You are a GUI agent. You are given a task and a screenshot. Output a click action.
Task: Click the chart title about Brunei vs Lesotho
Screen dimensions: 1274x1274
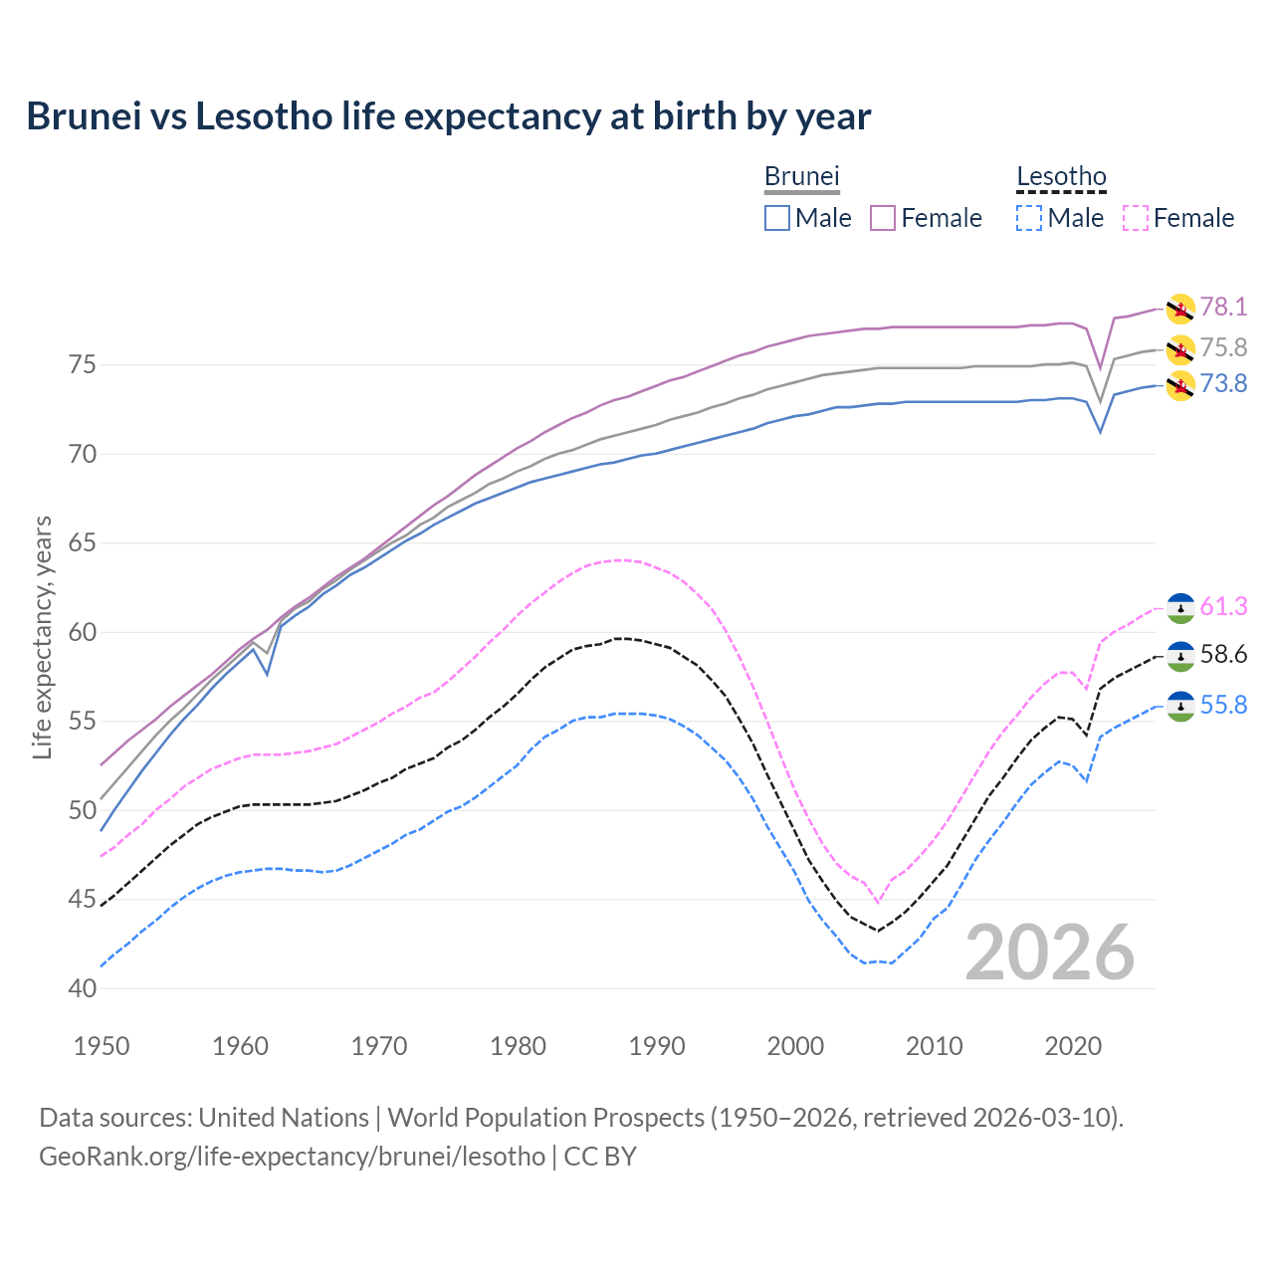pyautogui.click(x=448, y=116)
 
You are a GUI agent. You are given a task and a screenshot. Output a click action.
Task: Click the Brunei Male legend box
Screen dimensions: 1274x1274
pyautogui.click(x=777, y=218)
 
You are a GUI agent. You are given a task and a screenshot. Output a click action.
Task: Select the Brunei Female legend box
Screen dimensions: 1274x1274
pyautogui.click(x=883, y=218)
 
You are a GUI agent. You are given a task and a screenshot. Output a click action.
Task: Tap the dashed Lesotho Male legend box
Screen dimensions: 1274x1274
pyautogui.click(x=1029, y=218)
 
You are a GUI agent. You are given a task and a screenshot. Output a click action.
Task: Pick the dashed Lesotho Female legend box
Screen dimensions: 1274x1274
pyautogui.click(x=1136, y=218)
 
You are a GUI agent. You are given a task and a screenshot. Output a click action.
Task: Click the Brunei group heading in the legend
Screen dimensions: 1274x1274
pyautogui.click(x=801, y=177)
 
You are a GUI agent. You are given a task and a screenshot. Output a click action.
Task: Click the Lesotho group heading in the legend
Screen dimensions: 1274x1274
pyautogui.click(x=1061, y=177)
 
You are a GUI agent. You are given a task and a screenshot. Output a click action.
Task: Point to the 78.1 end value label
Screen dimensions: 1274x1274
pyautogui.click(x=1223, y=307)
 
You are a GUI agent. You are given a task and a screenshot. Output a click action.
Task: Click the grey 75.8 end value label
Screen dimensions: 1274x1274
pyautogui.click(x=1223, y=347)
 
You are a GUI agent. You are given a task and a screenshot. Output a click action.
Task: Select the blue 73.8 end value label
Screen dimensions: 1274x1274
pyautogui.click(x=1223, y=383)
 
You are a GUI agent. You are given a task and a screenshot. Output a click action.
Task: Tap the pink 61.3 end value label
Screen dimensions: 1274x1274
pyautogui.click(x=1223, y=606)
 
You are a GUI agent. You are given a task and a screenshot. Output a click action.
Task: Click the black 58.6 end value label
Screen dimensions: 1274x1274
pyautogui.click(x=1223, y=654)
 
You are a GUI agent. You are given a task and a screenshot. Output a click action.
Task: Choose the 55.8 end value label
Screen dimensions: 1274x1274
pyautogui.click(x=1223, y=705)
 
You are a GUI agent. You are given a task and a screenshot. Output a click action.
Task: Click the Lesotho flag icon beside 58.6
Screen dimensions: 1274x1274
pyautogui.click(x=1180, y=656)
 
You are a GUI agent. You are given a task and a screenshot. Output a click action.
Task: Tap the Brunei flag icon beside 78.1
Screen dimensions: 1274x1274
pyautogui.click(x=1180, y=309)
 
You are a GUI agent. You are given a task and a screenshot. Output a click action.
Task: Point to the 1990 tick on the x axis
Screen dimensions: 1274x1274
pyautogui.click(x=657, y=1046)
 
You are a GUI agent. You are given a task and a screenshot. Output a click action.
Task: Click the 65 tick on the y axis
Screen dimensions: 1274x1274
pyautogui.click(x=83, y=543)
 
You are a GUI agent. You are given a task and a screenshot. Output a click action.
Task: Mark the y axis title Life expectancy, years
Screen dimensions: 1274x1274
pyautogui.click(x=42, y=637)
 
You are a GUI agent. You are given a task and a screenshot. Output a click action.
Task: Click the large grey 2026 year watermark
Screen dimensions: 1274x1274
pyautogui.click(x=1049, y=953)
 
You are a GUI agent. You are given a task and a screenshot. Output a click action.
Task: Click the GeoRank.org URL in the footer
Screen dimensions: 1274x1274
pyautogui.click(x=292, y=1157)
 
